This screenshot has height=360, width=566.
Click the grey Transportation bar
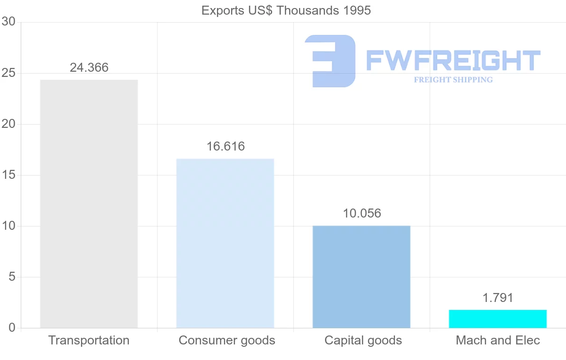pyautogui.click(x=89, y=204)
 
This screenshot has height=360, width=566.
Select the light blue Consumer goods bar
pyautogui.click(x=225, y=243)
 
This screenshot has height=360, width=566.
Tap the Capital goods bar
pyautogui.click(x=361, y=276)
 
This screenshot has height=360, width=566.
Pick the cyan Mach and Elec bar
pyautogui.click(x=498, y=319)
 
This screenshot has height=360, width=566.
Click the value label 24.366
pyautogui.click(x=89, y=67)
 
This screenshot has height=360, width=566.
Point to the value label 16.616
pyautogui.click(x=225, y=146)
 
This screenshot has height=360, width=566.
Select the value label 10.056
pyautogui.click(x=362, y=213)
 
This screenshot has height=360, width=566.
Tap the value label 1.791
pyautogui.click(x=498, y=298)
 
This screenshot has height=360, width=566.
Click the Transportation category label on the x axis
pyautogui.click(x=89, y=340)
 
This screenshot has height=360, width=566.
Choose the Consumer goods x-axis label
pyautogui.click(x=227, y=340)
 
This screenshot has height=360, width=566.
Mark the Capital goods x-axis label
pyautogui.click(x=363, y=340)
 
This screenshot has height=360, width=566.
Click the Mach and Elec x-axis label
pyautogui.click(x=498, y=340)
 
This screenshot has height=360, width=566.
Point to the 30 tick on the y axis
pyautogui.click(x=8, y=22)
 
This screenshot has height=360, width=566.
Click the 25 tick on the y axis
pyautogui.click(x=8, y=73)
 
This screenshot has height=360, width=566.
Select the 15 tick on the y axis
pyautogui.click(x=8, y=175)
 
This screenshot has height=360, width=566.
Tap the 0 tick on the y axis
pyautogui.click(x=12, y=328)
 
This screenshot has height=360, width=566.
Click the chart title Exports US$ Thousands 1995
pyautogui.click(x=286, y=10)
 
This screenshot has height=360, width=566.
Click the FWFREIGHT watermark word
pyautogui.click(x=453, y=61)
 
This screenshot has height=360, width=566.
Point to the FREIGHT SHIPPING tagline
pyautogui.click(x=453, y=80)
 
